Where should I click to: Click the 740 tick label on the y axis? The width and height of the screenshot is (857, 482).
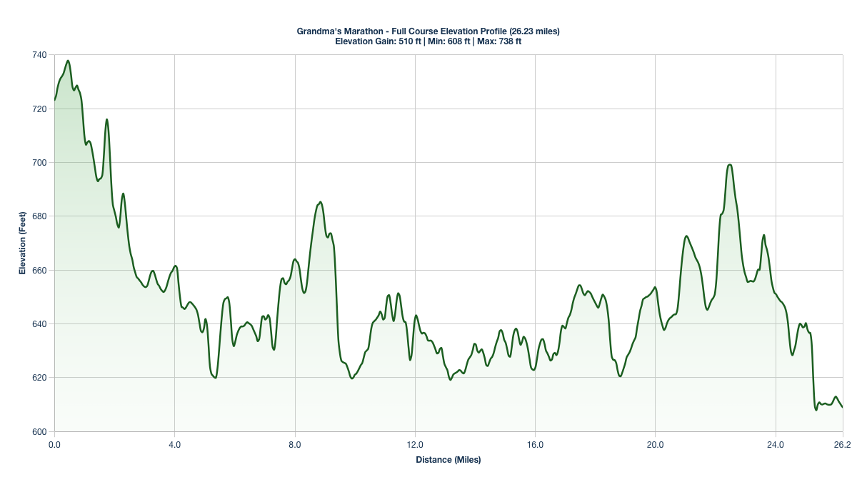point(40,55)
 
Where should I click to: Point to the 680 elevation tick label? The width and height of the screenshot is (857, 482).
point(40,216)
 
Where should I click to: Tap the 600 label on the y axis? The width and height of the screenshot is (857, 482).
point(40,431)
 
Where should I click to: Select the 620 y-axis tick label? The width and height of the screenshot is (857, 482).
point(40,378)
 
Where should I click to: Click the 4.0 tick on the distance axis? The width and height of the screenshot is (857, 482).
point(174,444)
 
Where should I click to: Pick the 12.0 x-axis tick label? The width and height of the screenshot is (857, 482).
point(415,444)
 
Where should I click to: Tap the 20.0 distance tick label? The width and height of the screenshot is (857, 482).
point(655,444)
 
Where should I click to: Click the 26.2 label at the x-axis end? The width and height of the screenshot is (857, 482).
point(843,444)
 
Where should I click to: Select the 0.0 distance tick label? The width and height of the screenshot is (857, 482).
point(54,444)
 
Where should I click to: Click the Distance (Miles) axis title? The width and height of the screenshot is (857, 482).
point(448,460)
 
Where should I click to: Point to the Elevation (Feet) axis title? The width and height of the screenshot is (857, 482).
point(23,243)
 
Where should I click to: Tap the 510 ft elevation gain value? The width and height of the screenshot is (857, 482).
point(408,41)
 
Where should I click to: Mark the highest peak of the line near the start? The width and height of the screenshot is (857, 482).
point(68,61)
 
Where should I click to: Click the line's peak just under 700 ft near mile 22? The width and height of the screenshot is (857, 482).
point(729,165)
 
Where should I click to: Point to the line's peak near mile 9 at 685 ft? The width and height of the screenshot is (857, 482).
point(320,202)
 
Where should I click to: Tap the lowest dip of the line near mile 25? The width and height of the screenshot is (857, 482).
point(816,410)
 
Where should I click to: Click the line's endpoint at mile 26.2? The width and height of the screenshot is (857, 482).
point(843,407)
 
